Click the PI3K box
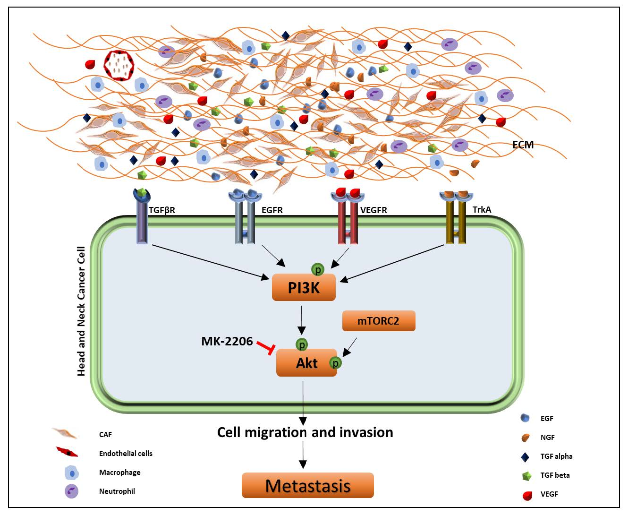click(304, 287)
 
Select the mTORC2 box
click(378, 321)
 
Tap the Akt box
click(306, 363)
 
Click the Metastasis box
click(307, 485)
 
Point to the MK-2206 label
click(227, 341)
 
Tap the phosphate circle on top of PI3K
click(318, 269)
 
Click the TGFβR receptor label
click(162, 210)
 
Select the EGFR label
click(272, 210)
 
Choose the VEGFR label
click(373, 210)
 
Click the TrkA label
click(482, 209)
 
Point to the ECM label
click(523, 145)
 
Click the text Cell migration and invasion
click(305, 432)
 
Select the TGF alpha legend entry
click(556, 456)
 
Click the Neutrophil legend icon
click(71, 491)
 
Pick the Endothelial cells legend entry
click(126, 453)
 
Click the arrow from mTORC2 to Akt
click(349, 347)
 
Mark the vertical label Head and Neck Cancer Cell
click(81, 311)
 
